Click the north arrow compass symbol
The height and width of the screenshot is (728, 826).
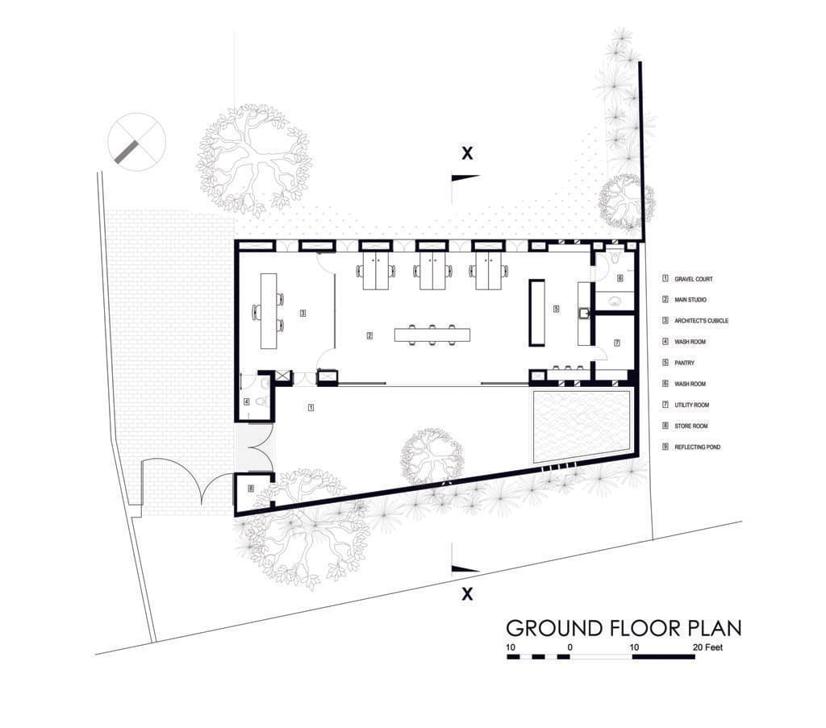[x=136, y=140]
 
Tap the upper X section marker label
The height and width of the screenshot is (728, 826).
[x=465, y=152]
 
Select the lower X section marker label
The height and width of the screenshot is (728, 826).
[x=465, y=595]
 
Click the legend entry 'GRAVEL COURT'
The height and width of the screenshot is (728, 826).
[x=695, y=279]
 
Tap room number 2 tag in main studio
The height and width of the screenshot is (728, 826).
[x=369, y=335]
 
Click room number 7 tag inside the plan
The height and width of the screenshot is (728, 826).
[x=617, y=343]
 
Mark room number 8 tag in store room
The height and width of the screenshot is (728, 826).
[x=250, y=488]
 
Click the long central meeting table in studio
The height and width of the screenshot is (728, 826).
[x=432, y=334]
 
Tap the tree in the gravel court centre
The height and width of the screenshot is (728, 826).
[x=433, y=456]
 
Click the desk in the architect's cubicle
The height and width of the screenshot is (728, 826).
[x=268, y=311]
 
